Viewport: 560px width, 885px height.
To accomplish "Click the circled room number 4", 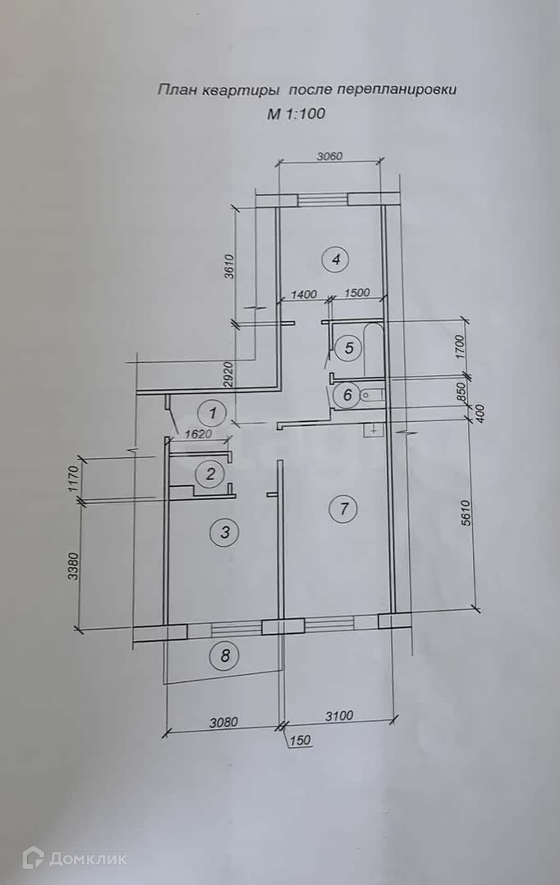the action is click(336, 260).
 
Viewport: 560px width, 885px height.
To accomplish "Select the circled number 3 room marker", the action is click(225, 533).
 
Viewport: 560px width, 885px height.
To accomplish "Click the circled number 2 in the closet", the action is click(211, 474).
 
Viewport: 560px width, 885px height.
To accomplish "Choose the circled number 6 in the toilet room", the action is click(348, 395).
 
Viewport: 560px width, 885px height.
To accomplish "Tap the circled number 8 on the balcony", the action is click(224, 655).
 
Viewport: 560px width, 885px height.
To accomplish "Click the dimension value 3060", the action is click(330, 156).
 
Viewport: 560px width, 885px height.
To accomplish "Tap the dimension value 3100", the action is click(339, 716).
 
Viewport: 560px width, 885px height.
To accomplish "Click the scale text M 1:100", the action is click(296, 113).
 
